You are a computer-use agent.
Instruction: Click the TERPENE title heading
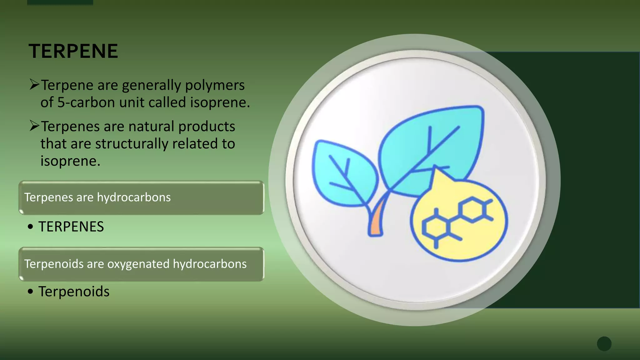(x=73, y=51)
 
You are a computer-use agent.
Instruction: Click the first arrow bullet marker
(x=34, y=84)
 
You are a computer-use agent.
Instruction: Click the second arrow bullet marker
(x=34, y=126)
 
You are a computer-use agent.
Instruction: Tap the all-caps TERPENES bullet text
(x=71, y=227)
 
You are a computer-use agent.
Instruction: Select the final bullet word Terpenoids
(x=74, y=292)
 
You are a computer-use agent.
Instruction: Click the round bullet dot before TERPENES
(x=30, y=227)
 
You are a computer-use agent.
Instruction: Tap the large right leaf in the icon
(x=434, y=147)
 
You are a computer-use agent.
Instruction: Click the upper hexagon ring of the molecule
(x=472, y=209)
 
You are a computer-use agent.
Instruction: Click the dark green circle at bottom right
(x=604, y=344)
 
